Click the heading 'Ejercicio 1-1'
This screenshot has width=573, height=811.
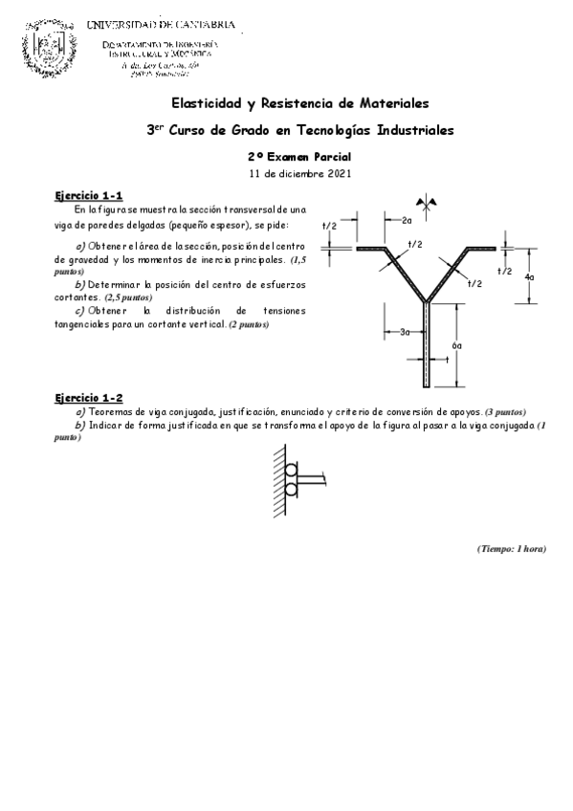(x=88, y=196)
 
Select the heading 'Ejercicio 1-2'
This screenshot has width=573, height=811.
(x=88, y=397)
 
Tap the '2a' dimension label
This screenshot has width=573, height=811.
(x=406, y=221)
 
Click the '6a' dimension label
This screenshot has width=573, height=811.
(x=457, y=345)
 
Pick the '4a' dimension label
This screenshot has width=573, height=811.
(x=529, y=276)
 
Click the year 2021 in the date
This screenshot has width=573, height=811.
(x=338, y=174)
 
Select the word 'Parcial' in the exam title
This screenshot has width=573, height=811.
(x=331, y=156)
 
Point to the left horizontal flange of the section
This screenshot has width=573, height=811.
(x=369, y=251)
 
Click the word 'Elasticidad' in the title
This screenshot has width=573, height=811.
(x=204, y=102)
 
